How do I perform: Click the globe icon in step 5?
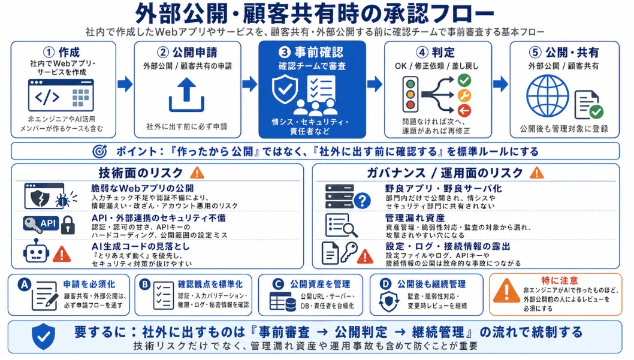tap(548, 96)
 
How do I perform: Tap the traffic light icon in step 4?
tap(410, 95)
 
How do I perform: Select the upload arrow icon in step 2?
tap(186, 95)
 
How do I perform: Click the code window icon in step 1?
tap(61, 95)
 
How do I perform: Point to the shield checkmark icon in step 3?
tap(285, 89)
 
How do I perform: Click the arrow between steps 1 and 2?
tap(125, 84)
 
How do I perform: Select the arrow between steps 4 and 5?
tap(500, 84)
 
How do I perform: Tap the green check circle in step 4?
tap(464, 80)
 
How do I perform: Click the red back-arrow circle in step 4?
tap(464, 110)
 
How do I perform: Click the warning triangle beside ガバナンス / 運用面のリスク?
tap(536, 173)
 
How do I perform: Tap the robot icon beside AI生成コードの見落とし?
tap(37, 251)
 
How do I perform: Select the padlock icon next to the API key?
tap(68, 225)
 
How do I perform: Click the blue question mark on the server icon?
tap(363, 201)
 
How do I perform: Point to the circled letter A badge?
tap(24, 285)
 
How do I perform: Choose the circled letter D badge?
tap(385, 284)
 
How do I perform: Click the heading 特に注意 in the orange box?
tap(560, 280)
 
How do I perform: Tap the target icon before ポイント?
tap(99, 151)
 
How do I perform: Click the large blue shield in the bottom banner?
tap(44, 336)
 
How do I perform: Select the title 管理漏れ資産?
tap(415, 218)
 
